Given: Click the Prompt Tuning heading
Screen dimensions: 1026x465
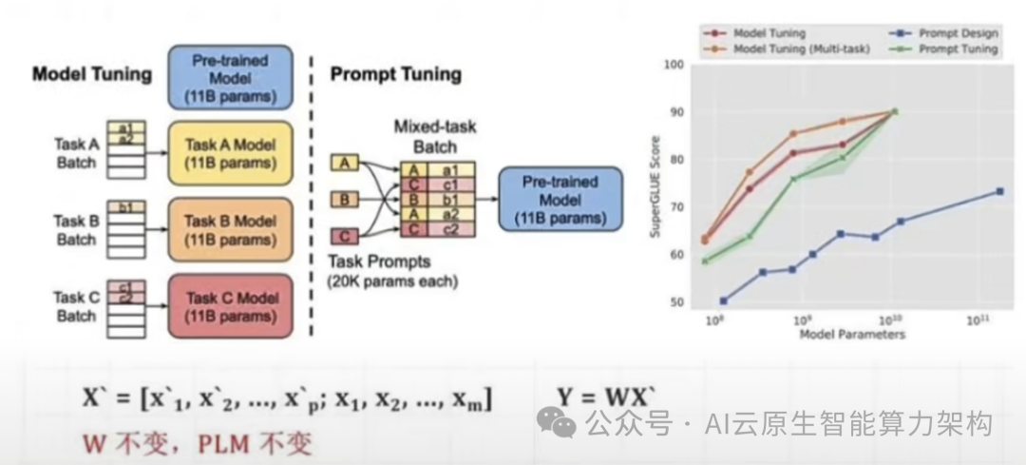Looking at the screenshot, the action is tap(395, 74).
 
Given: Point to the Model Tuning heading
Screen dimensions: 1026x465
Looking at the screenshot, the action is tap(92, 74).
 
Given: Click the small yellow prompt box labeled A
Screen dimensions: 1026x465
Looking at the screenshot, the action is tap(345, 164).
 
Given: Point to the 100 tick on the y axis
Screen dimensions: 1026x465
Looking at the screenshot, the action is tap(674, 65).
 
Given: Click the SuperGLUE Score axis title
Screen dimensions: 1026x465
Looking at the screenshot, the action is tap(654, 184).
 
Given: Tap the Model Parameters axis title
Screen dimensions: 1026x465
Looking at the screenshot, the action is tap(852, 335).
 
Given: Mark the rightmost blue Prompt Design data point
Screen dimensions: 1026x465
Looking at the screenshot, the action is tap(999, 191).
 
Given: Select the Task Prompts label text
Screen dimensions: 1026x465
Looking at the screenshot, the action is tap(379, 262).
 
